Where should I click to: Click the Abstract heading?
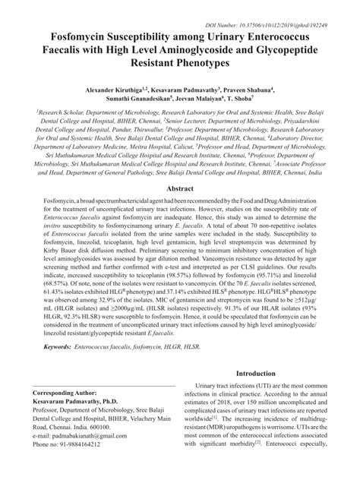pos(180,187)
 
